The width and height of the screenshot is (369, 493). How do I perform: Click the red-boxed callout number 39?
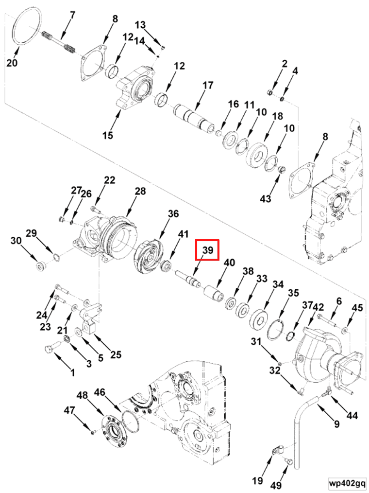point(208,250)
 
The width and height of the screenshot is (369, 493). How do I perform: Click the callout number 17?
point(208,86)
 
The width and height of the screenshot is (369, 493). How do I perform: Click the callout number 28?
point(140,192)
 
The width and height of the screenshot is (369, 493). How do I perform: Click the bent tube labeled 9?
point(297,428)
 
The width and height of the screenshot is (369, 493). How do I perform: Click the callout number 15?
point(108,135)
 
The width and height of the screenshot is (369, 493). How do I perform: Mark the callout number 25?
point(116,354)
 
